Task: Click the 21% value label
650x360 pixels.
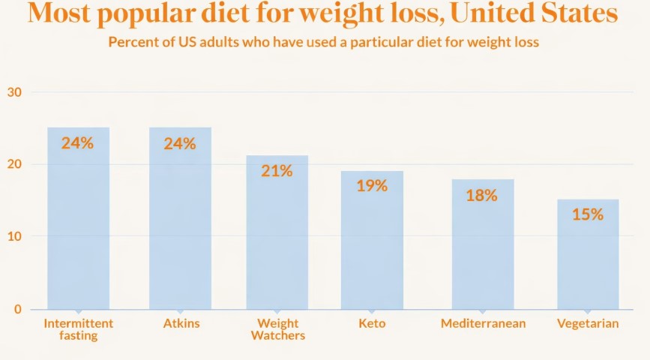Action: point(277,171)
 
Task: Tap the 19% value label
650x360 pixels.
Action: point(372,186)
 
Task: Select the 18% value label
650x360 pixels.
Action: point(481,195)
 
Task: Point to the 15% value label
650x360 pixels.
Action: point(588,214)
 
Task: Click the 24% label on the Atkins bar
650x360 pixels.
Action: point(180,142)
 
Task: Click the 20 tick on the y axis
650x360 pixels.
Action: point(15,164)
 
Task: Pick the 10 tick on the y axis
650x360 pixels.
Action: point(15,236)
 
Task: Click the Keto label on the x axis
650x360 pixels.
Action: point(372,324)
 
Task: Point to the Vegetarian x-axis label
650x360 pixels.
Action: point(588,324)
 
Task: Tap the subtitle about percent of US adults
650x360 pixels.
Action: point(324,42)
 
